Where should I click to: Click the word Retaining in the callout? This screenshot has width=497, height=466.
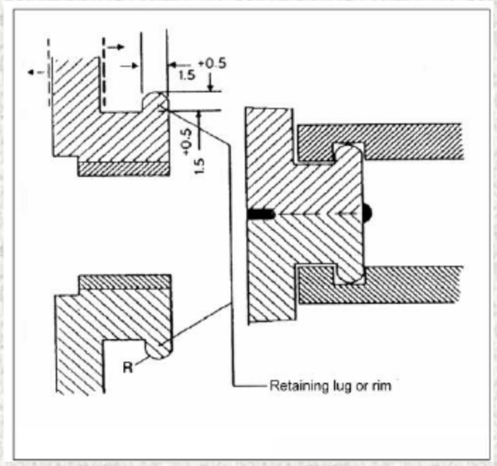point(292,386)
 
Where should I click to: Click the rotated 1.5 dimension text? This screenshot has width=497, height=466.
point(200,164)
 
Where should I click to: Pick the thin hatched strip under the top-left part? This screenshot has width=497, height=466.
point(123,168)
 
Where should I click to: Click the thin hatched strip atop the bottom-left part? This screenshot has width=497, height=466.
point(124,282)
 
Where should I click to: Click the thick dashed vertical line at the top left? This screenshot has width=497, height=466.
point(104,70)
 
